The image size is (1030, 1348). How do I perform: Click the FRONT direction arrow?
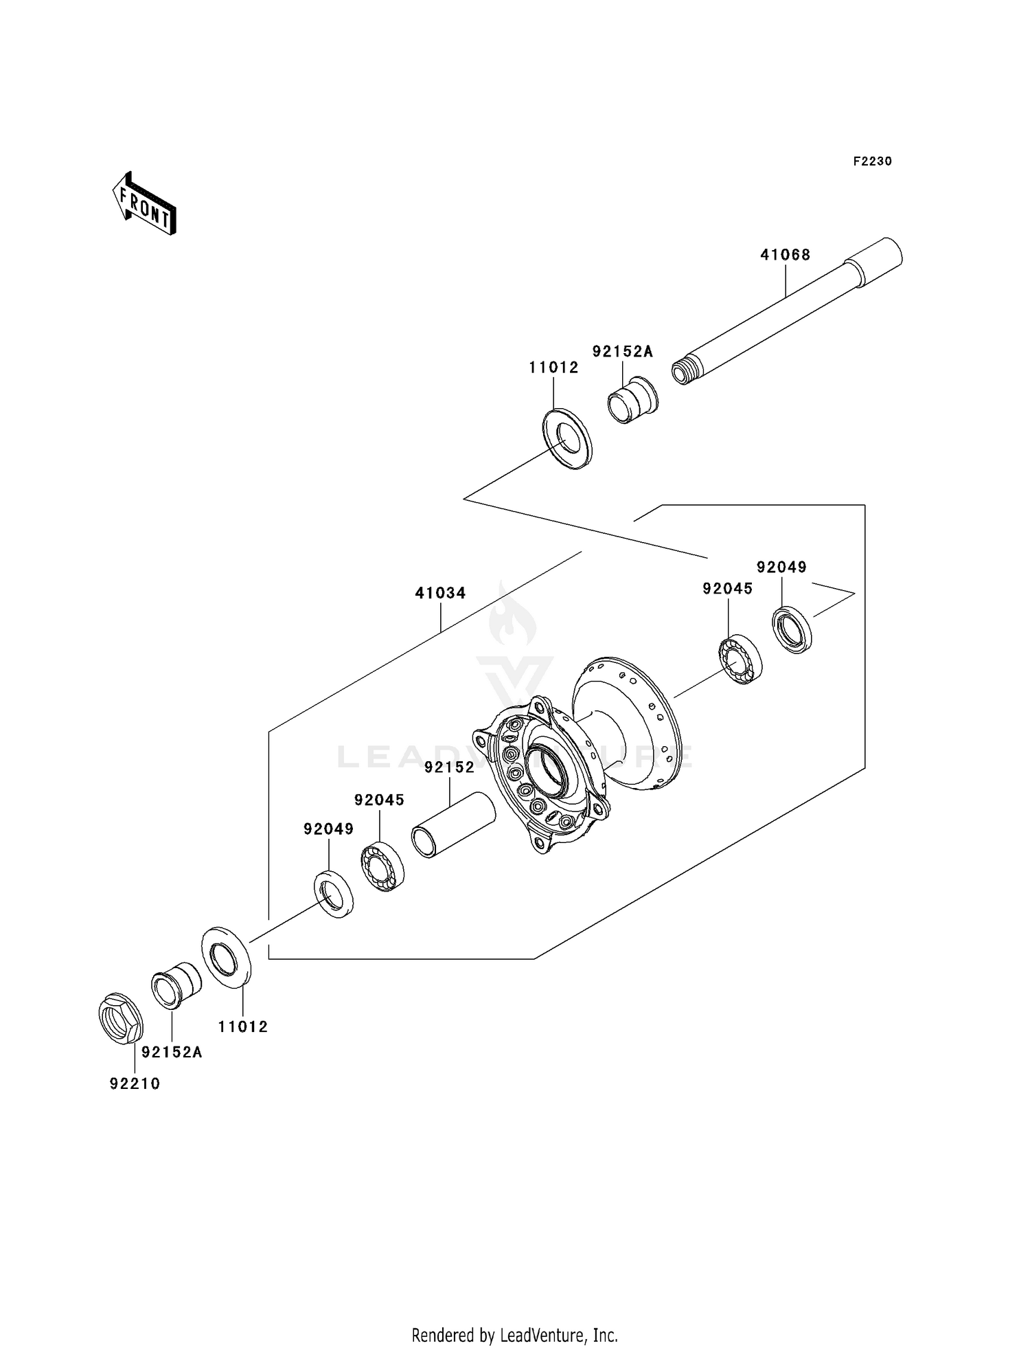pos(145,205)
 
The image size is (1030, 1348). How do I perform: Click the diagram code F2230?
pos(872,161)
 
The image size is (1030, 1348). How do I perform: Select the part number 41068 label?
pos(785,255)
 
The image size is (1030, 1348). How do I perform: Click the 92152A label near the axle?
pos(623,352)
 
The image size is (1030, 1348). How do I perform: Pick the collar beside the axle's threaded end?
pos(632,401)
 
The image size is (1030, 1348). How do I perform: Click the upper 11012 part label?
pos(553,368)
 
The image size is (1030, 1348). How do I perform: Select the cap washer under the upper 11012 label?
pos(567,439)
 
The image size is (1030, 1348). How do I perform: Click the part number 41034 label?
pos(440,593)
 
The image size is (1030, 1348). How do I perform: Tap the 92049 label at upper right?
pos(781,568)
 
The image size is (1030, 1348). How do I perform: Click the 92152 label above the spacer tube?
pos(449,767)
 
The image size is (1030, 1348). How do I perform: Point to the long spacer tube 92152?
pos(453,824)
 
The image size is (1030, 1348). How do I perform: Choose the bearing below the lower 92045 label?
pos(382,866)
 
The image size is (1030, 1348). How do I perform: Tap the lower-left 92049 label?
pos(328,829)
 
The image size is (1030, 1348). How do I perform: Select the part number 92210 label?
pos(135,1084)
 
